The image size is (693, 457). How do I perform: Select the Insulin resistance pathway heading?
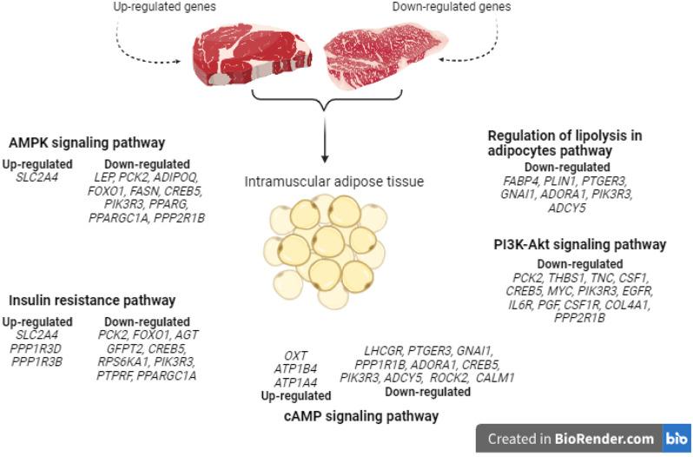[x=92, y=301]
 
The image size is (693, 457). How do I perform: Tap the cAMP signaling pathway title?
[x=361, y=417]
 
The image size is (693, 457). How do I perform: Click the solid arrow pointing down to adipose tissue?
[x=325, y=139]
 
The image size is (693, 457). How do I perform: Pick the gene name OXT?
[x=296, y=355]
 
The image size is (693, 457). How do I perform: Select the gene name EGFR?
[x=637, y=291]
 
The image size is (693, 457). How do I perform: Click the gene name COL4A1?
[x=630, y=304]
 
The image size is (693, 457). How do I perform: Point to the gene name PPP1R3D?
[x=34, y=348]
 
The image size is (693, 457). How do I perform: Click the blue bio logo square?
[x=676, y=439]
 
